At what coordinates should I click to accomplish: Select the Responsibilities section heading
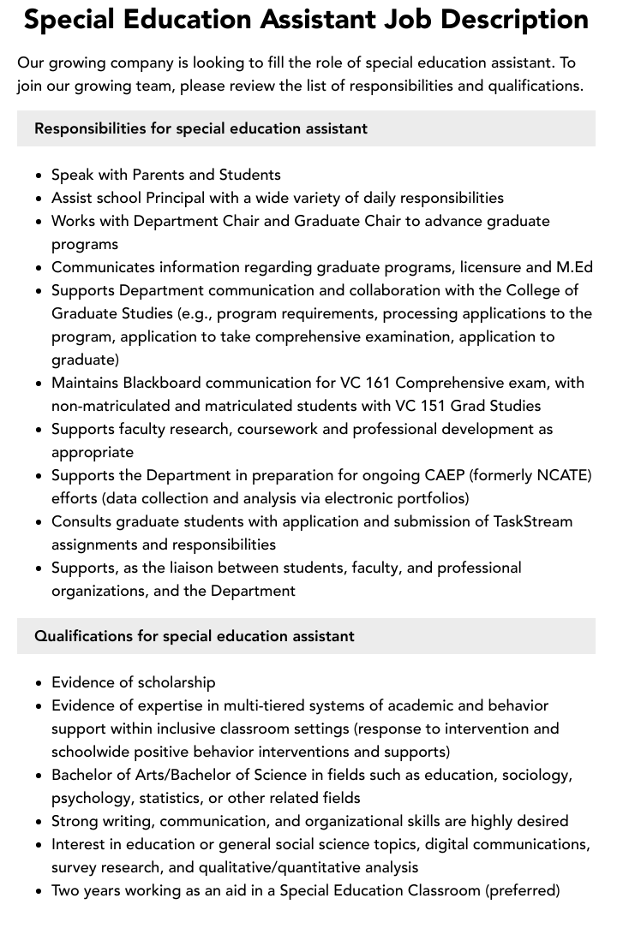pyautogui.click(x=201, y=128)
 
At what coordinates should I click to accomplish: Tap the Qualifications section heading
pyautogui.click(x=194, y=636)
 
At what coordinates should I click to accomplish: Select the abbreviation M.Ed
pyautogui.click(x=572, y=267)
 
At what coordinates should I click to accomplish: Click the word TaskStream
pyautogui.click(x=533, y=521)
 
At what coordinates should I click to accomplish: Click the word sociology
pyautogui.click(x=539, y=775)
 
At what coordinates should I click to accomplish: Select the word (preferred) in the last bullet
pyautogui.click(x=523, y=890)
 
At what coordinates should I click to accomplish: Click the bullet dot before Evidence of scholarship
pyautogui.click(x=39, y=683)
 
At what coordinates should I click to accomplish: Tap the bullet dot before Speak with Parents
pyautogui.click(x=39, y=175)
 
